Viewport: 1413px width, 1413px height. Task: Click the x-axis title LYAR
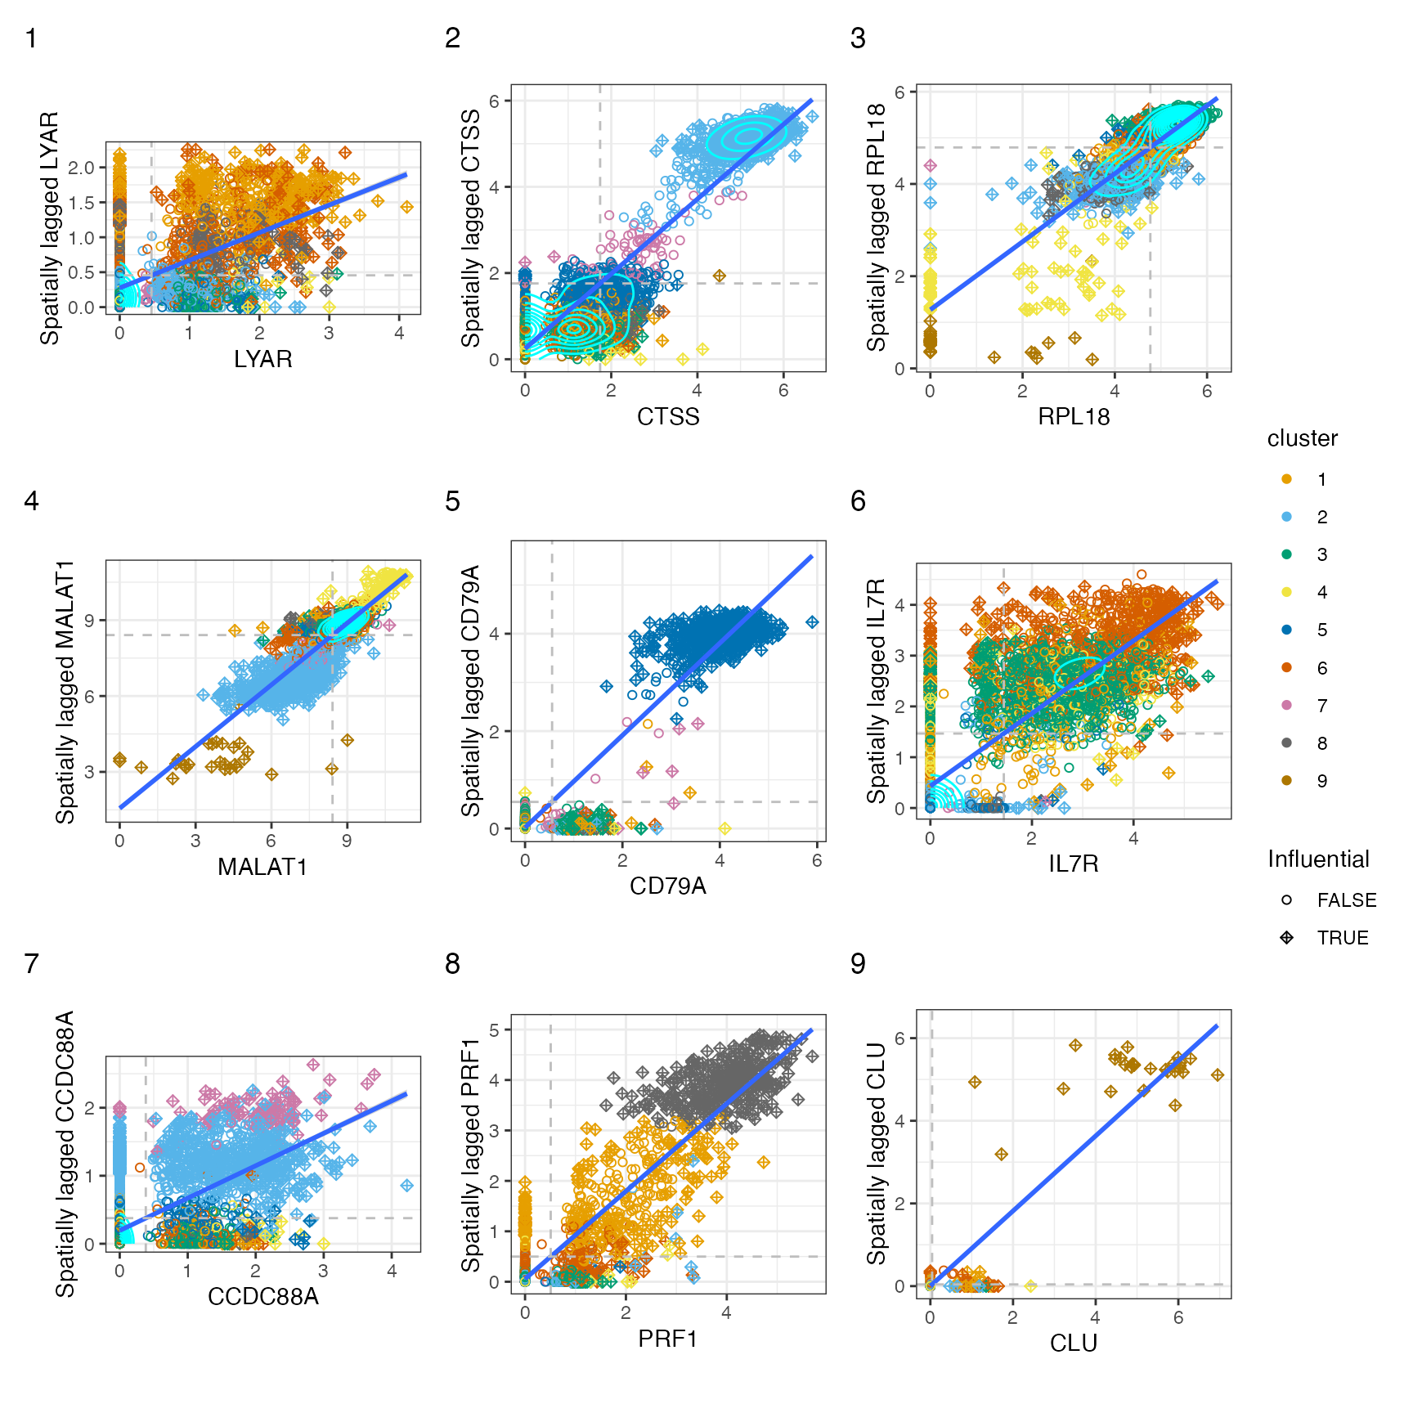tap(262, 359)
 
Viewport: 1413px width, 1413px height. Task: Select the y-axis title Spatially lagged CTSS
tap(471, 228)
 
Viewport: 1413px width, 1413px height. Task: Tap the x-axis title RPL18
tap(1073, 417)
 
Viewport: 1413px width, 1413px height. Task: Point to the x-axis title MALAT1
tap(262, 867)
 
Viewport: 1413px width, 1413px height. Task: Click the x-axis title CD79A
tap(667, 886)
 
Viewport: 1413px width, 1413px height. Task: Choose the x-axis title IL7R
tap(1073, 863)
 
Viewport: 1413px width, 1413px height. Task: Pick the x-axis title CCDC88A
tap(262, 1297)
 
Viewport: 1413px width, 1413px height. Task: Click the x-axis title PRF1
tap(667, 1339)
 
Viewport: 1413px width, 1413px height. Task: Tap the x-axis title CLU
tap(1073, 1343)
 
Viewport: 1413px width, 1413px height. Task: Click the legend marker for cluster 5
tap(1287, 630)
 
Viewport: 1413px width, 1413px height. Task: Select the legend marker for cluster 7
tap(1287, 706)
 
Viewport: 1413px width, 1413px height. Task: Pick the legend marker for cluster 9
tap(1287, 781)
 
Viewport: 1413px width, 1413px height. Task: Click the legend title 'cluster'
tap(1302, 439)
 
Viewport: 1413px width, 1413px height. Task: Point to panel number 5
tap(452, 501)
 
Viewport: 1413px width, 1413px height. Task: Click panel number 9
tap(858, 964)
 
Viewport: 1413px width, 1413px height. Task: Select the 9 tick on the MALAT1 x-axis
tap(347, 841)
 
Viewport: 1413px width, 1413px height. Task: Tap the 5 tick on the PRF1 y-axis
tap(494, 1030)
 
